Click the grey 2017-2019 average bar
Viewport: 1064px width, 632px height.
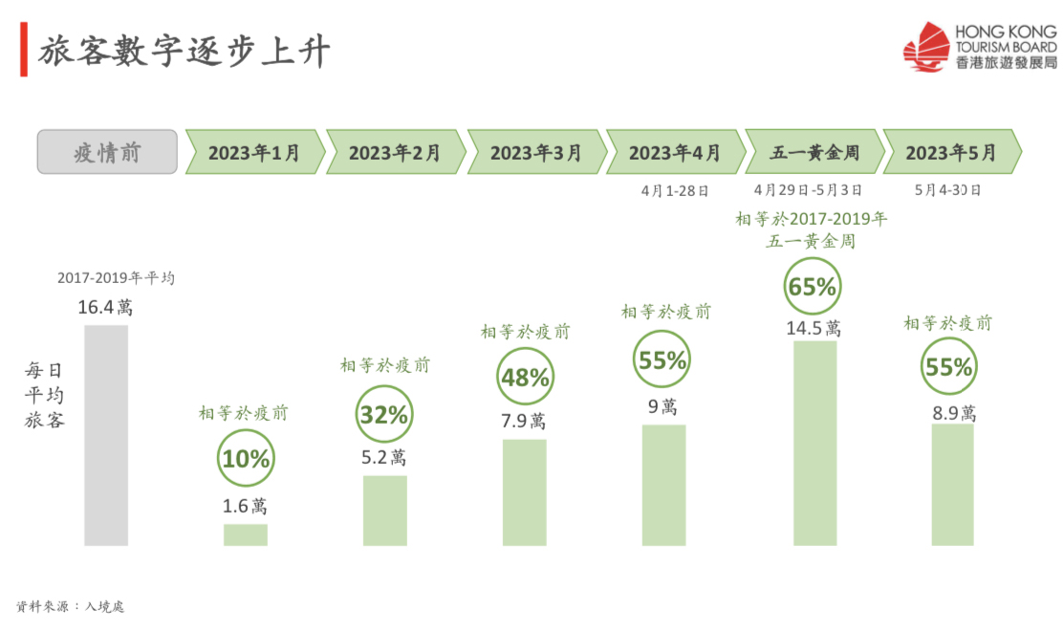(x=105, y=435)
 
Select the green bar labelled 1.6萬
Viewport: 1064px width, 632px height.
(x=246, y=534)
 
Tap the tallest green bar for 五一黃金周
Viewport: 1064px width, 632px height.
(x=814, y=443)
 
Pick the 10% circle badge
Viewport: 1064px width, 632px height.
(x=246, y=459)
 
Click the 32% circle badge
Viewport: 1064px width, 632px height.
(x=384, y=415)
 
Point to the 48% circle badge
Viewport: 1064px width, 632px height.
(x=525, y=378)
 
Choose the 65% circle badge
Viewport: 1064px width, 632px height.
(x=813, y=286)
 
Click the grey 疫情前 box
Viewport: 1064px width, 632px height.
(x=107, y=152)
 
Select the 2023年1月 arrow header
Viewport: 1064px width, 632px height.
(x=253, y=152)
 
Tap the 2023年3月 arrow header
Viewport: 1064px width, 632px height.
(x=536, y=152)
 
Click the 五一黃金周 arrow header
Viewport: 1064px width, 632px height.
(x=814, y=152)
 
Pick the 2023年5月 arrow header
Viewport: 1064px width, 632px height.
(x=951, y=152)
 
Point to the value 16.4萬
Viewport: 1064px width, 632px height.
(x=105, y=308)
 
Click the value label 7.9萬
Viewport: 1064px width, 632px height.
(x=525, y=421)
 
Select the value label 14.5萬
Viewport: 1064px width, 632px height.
(x=814, y=328)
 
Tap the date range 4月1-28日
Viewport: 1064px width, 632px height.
(x=675, y=190)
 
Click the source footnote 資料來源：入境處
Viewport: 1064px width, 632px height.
(x=71, y=606)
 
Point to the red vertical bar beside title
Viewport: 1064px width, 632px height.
(x=23, y=53)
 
